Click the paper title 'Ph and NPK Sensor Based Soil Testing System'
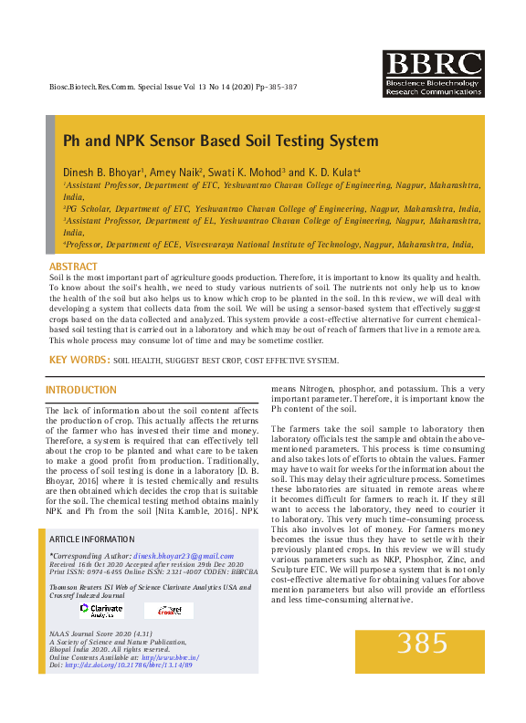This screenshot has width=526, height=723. [x=220, y=141]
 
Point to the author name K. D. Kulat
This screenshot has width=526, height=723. [x=332, y=172]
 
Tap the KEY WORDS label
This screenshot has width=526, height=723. [x=79, y=361]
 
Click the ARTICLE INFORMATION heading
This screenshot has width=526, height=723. [x=92, y=539]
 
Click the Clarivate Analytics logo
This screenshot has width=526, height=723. [x=100, y=610]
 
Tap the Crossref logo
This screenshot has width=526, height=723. [x=170, y=610]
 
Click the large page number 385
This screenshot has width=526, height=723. [x=422, y=643]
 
